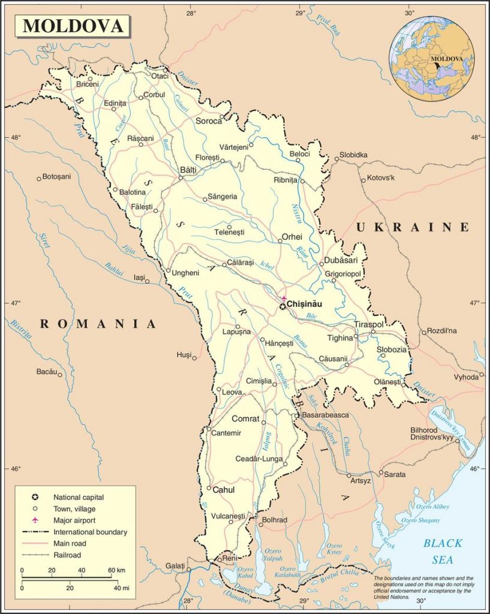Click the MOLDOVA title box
(73, 26)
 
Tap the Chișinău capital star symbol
(282, 306)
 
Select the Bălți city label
(188, 170)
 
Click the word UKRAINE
(412, 227)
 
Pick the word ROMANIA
(98, 324)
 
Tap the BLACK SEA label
(443, 550)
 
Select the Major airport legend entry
(74, 520)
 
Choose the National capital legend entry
(79, 497)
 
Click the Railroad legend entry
(68, 555)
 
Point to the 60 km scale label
(116, 570)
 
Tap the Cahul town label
(223, 490)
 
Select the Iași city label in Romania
(139, 278)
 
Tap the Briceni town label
(87, 85)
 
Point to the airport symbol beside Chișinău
(285, 298)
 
